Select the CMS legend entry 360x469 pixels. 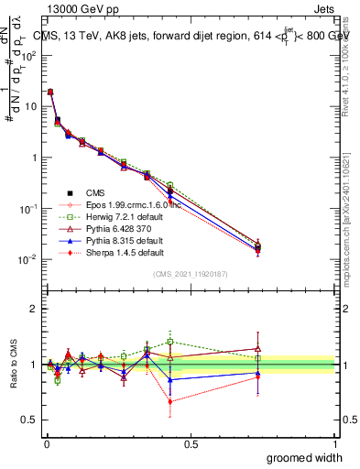tap(110, 193)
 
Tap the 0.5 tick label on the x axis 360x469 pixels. tap(191, 442)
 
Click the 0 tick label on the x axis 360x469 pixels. tap(46, 442)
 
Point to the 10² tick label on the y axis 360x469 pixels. tap(29, 55)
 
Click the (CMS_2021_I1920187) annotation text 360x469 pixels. tap(190, 275)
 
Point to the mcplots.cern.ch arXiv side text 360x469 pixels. tap(351, 211)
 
